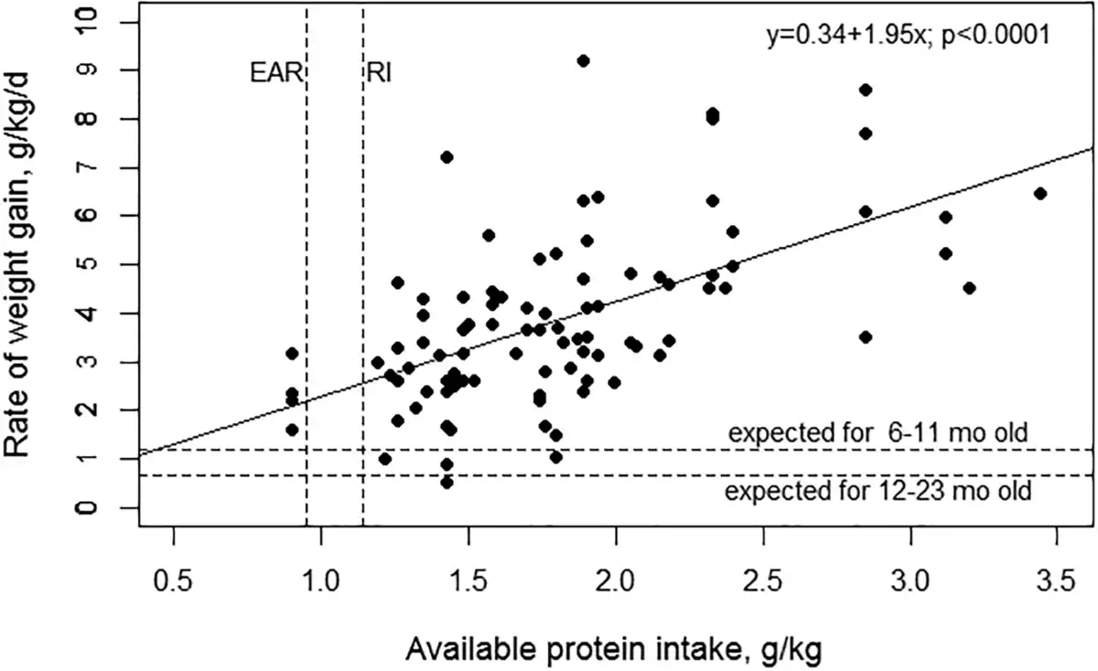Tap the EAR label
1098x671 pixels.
coord(275,73)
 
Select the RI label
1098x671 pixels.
coord(380,73)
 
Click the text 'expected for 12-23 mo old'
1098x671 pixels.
coord(878,493)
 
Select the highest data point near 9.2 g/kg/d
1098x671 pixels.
coord(583,60)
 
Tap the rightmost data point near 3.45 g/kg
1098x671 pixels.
coord(1039,194)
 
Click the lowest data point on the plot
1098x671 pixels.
coord(447,482)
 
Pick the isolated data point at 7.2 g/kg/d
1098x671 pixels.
coord(447,157)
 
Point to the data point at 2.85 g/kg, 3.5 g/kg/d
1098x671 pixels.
coord(866,336)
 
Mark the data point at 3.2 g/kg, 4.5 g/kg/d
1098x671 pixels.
coord(970,288)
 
